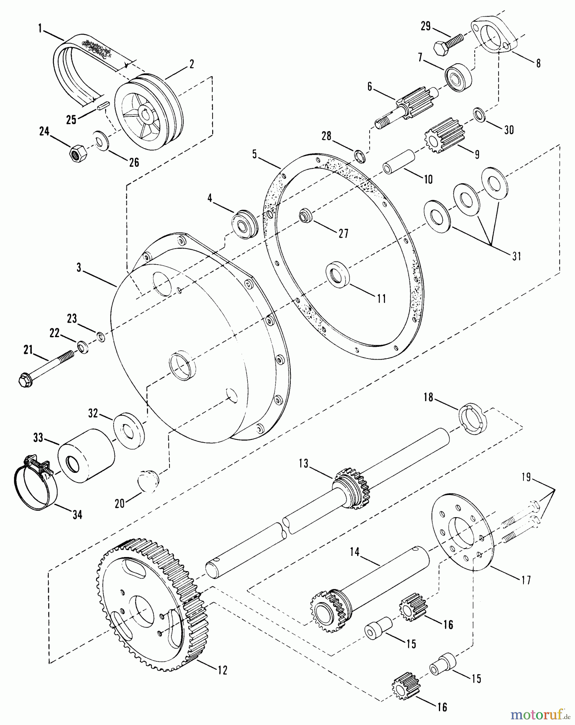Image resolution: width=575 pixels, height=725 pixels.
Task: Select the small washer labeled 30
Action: [x=478, y=114]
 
